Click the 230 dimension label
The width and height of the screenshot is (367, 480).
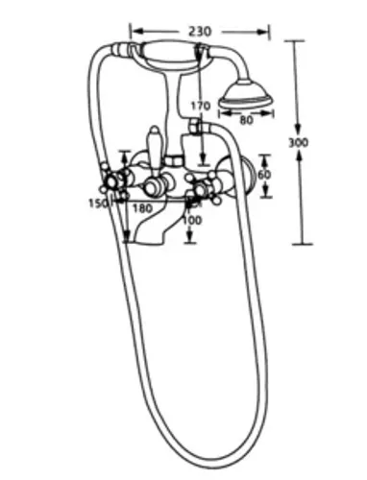200,32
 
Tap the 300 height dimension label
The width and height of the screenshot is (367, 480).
298,142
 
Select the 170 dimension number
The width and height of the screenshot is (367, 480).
201,106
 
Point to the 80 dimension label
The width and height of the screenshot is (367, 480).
246,120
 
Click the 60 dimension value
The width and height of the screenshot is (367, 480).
264,175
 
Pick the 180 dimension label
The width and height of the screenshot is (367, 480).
142,208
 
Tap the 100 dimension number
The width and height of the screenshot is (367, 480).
192,220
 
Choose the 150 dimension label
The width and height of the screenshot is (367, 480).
98,203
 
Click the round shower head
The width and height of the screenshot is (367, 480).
246,95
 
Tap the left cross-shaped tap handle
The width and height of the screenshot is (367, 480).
111,182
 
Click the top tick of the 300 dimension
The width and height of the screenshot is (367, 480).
294,41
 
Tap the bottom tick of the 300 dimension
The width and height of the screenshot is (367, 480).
302,244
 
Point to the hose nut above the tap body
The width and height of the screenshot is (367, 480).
194,126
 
